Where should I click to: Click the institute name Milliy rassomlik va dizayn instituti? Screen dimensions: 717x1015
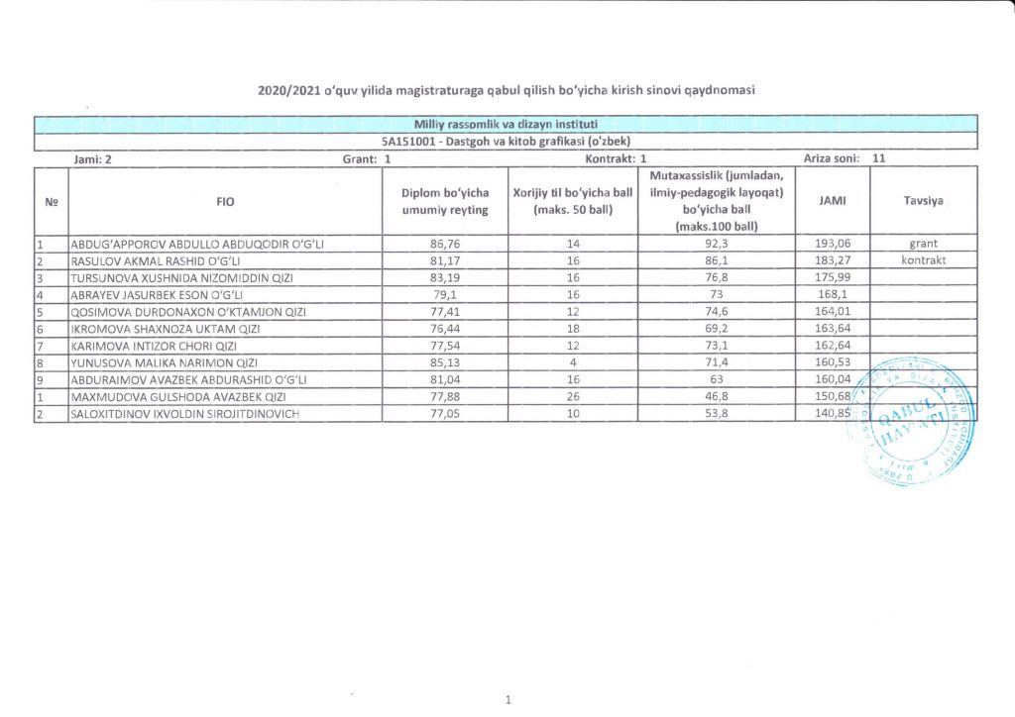click(x=507, y=124)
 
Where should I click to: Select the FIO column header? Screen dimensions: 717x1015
click(x=224, y=201)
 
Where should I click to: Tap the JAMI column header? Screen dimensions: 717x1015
click(x=832, y=200)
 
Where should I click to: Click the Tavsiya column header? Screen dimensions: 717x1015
click(x=922, y=200)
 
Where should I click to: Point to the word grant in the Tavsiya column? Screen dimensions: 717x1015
click(x=922, y=244)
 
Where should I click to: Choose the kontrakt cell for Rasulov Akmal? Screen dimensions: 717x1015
click(x=922, y=260)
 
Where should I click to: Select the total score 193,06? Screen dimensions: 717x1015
click(x=832, y=244)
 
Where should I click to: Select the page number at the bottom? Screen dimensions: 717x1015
click(x=507, y=700)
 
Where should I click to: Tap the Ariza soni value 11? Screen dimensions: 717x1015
click(x=878, y=157)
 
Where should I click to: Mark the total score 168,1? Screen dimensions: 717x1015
click(x=832, y=294)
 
